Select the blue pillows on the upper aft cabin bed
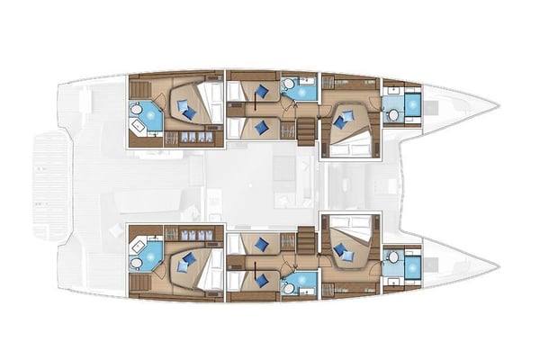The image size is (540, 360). tap(186, 109)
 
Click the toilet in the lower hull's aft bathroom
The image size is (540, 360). tap(137, 264)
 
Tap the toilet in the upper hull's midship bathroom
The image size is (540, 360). tap(290, 86)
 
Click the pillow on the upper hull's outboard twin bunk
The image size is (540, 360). tap(262, 91)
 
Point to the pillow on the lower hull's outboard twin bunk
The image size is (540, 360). tap(262, 280)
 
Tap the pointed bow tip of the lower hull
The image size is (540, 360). tap(497, 268)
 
